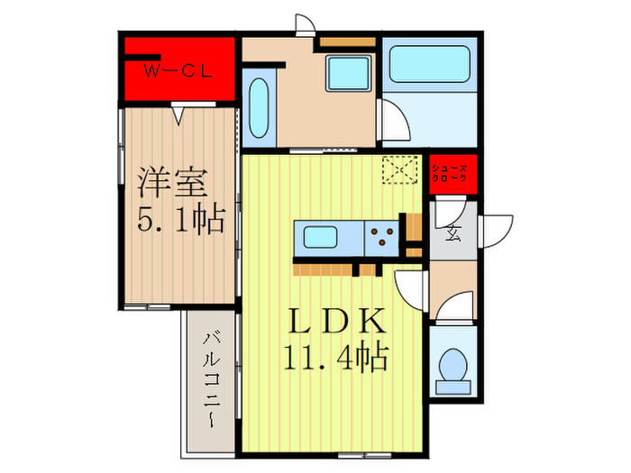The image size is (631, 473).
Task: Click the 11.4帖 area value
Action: (x=334, y=359)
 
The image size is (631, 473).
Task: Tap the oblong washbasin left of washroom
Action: (x=257, y=111)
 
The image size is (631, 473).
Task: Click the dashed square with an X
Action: (x=397, y=169)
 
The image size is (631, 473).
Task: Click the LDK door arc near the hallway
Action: (x=410, y=290)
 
